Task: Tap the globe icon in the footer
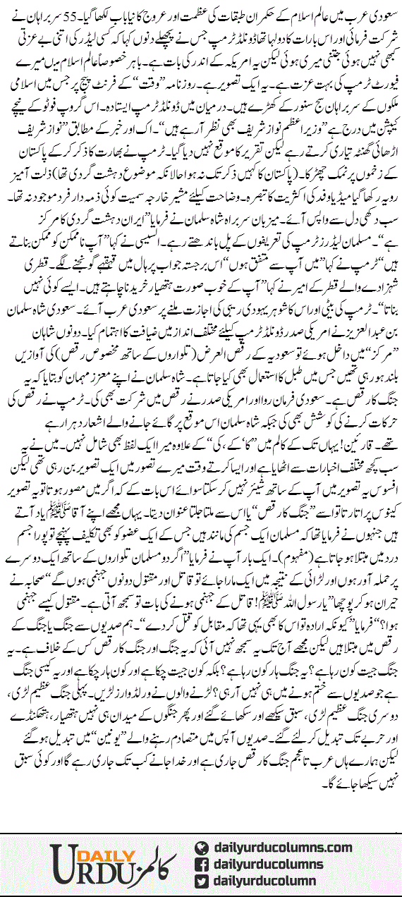click(x=203, y=847)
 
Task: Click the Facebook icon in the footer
click(x=203, y=864)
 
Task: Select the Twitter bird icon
click(x=203, y=881)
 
